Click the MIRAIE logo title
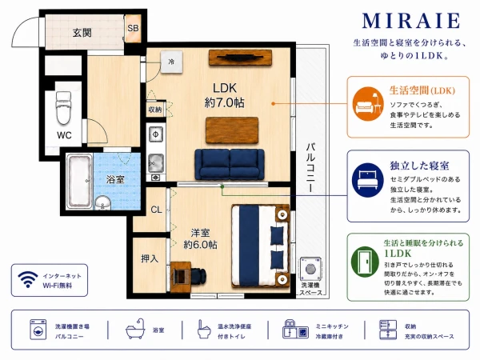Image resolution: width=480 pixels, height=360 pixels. [x=411, y=21]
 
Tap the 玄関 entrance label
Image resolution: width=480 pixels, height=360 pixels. [x=82, y=33]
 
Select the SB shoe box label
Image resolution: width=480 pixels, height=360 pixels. [x=133, y=28]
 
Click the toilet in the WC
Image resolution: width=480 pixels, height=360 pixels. [x=63, y=107]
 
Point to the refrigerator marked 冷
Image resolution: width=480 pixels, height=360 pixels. [x=171, y=62]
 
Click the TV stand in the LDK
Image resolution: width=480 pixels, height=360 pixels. [x=240, y=58]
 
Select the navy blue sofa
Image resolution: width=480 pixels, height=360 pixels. [x=230, y=164]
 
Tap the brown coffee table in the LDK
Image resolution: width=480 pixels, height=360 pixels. [x=232, y=130]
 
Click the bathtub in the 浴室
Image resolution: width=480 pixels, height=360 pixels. [x=79, y=182]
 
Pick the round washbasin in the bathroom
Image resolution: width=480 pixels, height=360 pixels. [x=103, y=203]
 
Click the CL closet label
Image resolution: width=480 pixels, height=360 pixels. [x=156, y=210]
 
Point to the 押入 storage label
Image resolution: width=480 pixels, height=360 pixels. [x=150, y=258]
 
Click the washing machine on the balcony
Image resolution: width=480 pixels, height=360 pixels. [x=310, y=269]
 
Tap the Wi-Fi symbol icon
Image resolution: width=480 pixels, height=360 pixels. [x=28, y=279]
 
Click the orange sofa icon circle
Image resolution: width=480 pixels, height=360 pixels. [x=368, y=104]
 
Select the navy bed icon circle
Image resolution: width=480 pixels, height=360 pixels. [x=367, y=180]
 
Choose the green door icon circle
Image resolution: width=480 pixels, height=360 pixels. [x=365, y=262]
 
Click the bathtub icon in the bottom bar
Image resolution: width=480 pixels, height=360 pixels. [x=135, y=329]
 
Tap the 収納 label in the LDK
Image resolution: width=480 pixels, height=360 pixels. [x=155, y=110]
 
